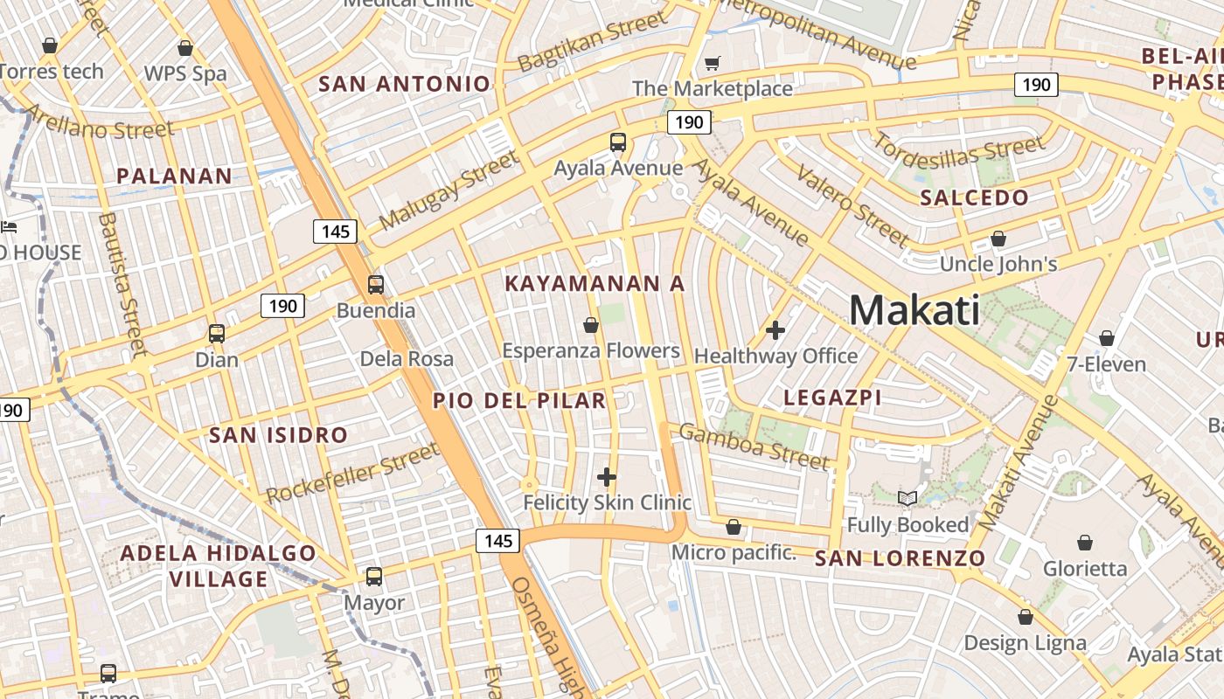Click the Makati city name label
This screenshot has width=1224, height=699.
click(x=914, y=310)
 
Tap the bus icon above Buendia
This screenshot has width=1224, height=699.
click(x=376, y=284)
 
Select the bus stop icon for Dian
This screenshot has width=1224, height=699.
click(x=216, y=333)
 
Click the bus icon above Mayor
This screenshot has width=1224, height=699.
click(x=374, y=576)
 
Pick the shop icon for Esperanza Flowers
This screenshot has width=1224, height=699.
click(x=590, y=325)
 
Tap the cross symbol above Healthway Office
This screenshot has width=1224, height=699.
click(x=775, y=330)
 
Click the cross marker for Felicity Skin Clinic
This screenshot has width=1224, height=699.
click(x=607, y=476)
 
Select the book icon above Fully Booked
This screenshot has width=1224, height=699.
click(x=908, y=498)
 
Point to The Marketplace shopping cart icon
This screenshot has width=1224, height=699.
click(x=712, y=63)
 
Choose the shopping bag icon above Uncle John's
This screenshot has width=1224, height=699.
click(x=998, y=238)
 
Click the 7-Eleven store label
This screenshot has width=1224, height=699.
click(x=1106, y=363)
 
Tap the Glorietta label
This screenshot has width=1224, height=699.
click(x=1085, y=569)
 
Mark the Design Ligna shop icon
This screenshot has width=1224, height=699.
click(x=1025, y=617)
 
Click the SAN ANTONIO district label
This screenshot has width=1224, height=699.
click(x=404, y=85)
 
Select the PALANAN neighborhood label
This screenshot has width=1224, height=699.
click(x=174, y=176)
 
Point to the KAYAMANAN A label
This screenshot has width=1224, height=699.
click(x=595, y=284)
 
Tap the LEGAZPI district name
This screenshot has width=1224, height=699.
click(x=832, y=398)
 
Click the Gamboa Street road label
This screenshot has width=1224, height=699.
click(x=754, y=446)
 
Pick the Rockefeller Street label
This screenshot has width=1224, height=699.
click(x=351, y=474)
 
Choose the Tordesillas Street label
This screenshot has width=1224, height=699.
click(x=959, y=152)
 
